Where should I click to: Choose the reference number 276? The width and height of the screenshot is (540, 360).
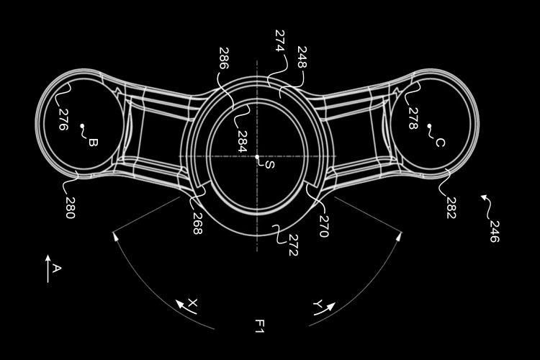(62, 118)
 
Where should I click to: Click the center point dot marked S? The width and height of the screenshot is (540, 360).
(258, 157)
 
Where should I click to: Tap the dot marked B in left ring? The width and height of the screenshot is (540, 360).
(82, 127)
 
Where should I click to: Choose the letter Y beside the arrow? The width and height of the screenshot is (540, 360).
(316, 305)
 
